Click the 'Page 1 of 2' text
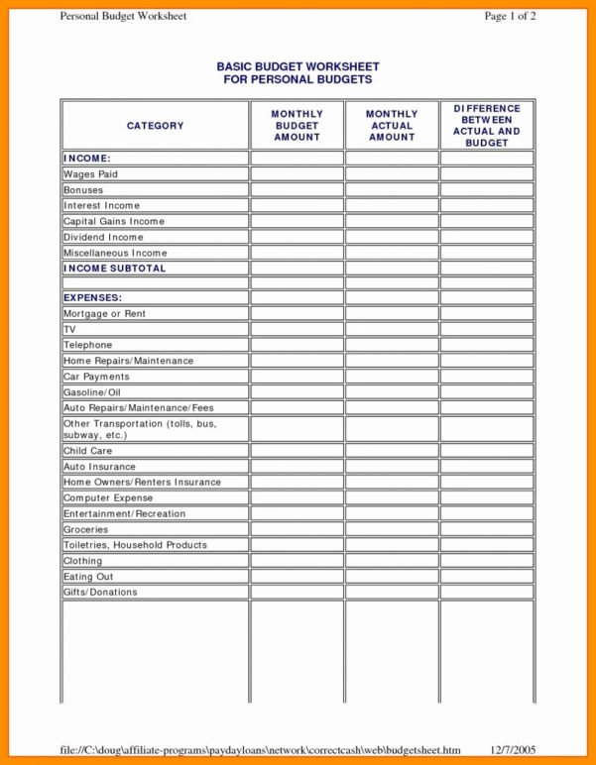(510, 17)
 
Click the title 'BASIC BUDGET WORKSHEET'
(298, 66)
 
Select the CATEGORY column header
(155, 126)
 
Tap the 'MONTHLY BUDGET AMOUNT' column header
(297, 126)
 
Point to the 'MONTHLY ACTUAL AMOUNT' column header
(392, 126)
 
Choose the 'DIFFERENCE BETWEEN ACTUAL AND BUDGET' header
(487, 126)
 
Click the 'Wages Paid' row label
(90, 174)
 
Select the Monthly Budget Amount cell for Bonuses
(297, 190)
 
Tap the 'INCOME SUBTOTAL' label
(115, 269)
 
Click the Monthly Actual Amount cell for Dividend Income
(392, 238)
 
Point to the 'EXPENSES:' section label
(93, 297)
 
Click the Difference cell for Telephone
(487, 345)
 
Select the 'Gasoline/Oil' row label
(92, 392)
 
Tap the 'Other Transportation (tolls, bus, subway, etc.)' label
(140, 429)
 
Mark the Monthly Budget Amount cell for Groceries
(297, 529)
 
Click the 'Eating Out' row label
(88, 577)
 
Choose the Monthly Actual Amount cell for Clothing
(392, 561)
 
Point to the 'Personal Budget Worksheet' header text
(123, 17)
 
